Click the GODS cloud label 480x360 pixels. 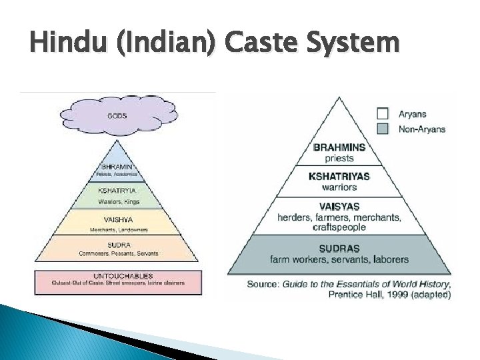click(x=117, y=116)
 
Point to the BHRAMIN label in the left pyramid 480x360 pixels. click(x=117, y=166)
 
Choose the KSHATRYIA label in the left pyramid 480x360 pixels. click(x=117, y=190)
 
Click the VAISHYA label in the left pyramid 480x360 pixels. click(x=118, y=218)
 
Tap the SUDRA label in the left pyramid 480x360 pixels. click(x=118, y=245)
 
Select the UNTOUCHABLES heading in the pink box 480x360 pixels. click(x=119, y=275)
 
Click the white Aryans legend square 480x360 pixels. click(x=383, y=113)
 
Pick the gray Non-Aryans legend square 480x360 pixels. click(x=383, y=129)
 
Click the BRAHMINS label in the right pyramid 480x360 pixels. click(x=339, y=148)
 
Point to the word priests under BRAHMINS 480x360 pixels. click(x=339, y=159)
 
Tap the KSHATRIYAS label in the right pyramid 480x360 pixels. click(x=339, y=176)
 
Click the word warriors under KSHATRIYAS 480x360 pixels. click(x=339, y=187)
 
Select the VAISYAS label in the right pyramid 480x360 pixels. click(x=339, y=207)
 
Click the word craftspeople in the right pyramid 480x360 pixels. click(x=339, y=227)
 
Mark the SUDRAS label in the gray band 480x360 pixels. click(x=339, y=248)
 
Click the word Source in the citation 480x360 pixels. click(x=263, y=284)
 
